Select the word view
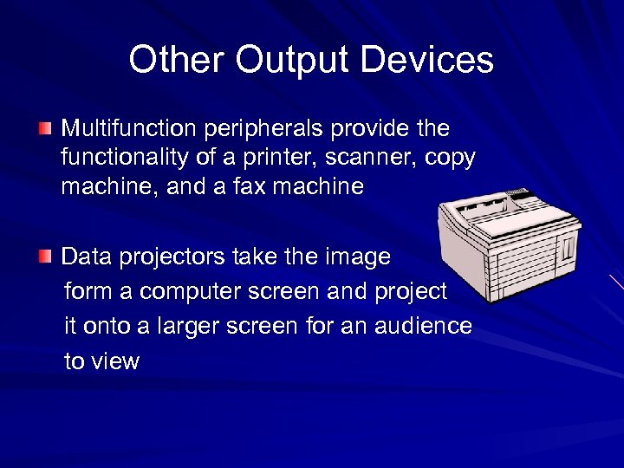[116, 361]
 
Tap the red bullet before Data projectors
[44, 257]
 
